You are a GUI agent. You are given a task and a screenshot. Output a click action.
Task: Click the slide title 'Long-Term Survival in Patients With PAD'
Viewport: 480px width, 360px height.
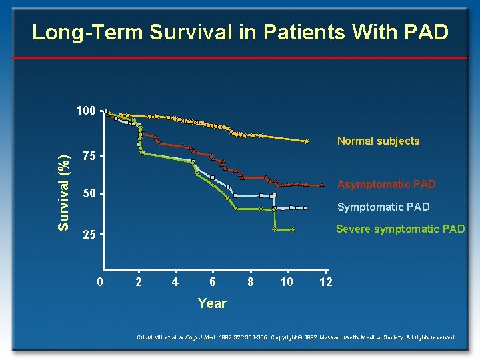coord(240,32)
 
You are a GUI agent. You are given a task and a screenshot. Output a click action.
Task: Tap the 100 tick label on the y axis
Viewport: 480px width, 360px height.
coord(85,111)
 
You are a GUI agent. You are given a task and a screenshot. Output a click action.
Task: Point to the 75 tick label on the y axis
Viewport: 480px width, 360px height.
coord(89,157)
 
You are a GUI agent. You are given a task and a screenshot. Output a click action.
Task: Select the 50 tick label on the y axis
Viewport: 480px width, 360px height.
coord(89,195)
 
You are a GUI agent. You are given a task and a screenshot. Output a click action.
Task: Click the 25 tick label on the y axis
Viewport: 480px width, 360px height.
coord(89,235)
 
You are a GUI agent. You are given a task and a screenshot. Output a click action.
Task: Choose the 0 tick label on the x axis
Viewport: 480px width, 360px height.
coord(100,283)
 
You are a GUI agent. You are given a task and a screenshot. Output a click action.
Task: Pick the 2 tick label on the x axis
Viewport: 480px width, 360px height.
coord(138,283)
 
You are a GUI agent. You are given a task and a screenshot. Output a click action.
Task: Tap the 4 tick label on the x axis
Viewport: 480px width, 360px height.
coord(175,283)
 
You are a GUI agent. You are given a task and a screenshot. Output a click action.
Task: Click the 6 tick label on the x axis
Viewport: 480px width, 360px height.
coord(212,283)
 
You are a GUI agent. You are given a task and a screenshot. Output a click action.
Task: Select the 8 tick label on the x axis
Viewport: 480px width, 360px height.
coord(250,283)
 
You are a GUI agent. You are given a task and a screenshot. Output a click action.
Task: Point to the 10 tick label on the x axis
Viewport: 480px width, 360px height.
coord(287,283)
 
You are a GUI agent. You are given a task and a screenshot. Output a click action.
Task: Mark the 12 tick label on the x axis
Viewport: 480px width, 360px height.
coord(325,283)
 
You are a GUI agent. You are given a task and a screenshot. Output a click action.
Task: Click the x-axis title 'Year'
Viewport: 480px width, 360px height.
coord(212,303)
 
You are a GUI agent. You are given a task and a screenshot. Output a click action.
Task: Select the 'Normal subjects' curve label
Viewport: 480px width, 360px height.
coord(378,141)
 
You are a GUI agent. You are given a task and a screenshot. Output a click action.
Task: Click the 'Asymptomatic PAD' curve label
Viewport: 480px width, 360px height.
coord(386,184)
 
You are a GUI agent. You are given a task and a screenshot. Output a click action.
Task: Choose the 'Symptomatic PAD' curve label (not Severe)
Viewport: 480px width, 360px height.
coord(383,207)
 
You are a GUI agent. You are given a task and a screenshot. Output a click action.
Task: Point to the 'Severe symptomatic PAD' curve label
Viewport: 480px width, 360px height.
coord(400,229)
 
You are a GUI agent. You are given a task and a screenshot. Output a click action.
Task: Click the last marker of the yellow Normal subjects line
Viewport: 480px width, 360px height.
coord(307,141)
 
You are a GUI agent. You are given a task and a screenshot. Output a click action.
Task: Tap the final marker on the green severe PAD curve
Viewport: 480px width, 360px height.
coord(293,230)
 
